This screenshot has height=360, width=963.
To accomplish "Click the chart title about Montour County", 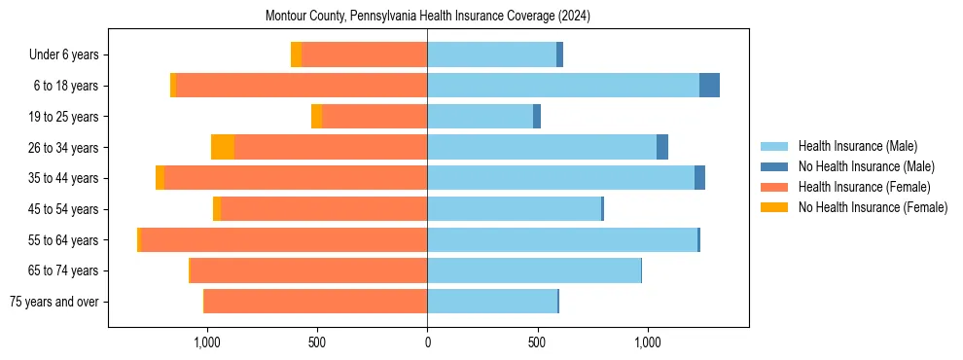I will (x=428, y=17).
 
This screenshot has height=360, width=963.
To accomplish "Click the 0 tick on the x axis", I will (x=427, y=342).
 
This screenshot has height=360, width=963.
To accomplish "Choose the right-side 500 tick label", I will (x=537, y=342).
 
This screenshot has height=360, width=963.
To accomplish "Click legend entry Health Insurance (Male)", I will (x=857, y=147).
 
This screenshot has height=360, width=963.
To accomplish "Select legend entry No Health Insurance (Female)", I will (x=873, y=207).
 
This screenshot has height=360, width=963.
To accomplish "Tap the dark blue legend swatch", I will (x=775, y=167).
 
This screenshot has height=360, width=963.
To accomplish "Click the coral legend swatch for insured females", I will (x=775, y=187).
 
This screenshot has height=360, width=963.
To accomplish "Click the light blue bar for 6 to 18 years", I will (x=563, y=86).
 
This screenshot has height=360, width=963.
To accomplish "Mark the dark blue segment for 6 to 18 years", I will (x=709, y=86).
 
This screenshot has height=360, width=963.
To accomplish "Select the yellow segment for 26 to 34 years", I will (x=223, y=148).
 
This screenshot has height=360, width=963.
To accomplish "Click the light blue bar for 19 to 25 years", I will (x=480, y=117).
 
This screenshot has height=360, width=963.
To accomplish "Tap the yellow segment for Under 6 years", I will (x=296, y=55).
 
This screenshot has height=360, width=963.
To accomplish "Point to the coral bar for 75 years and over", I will (x=315, y=302).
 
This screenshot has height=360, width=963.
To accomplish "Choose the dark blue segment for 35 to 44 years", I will (x=699, y=178).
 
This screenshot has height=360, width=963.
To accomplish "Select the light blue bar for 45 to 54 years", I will (x=514, y=209).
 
